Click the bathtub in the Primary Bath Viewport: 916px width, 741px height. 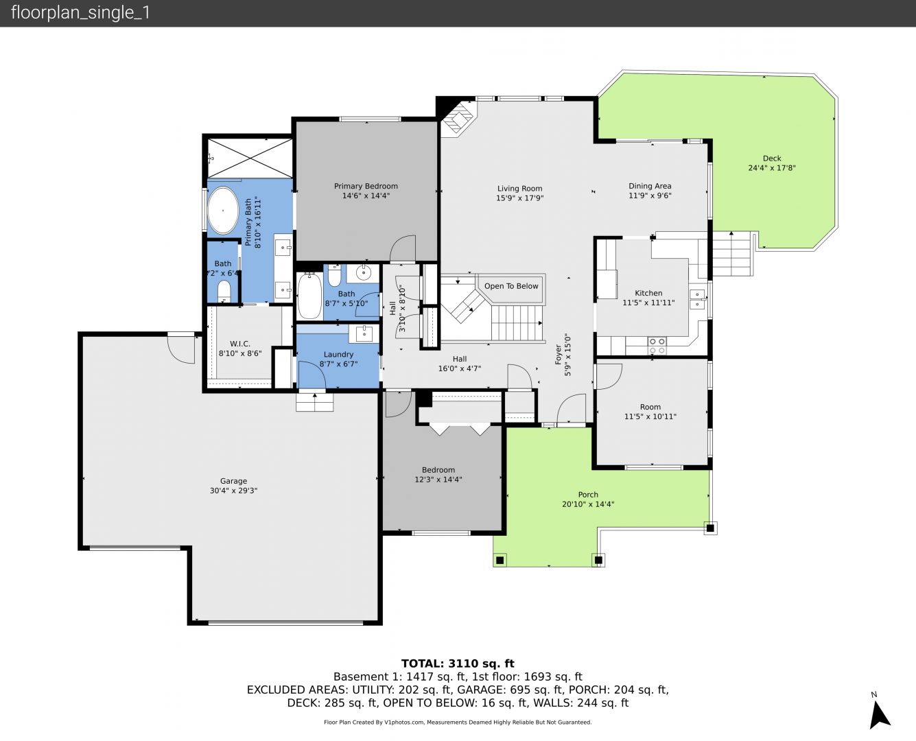(223, 211)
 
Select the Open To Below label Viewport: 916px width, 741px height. (511, 286)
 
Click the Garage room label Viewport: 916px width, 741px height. (233, 481)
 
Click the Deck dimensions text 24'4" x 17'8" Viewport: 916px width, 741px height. (771, 167)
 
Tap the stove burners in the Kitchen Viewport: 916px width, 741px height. (657, 346)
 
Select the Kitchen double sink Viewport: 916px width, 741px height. (697, 299)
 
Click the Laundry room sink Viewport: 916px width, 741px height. (364, 333)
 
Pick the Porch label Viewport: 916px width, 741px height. (588, 495)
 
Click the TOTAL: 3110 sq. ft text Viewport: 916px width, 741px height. (458, 663)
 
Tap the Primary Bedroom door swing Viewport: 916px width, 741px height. (403, 248)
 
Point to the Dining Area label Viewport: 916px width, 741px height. (650, 186)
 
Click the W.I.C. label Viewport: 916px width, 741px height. (239, 344)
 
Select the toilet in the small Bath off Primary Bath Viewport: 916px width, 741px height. (224, 291)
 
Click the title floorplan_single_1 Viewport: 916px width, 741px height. (80, 13)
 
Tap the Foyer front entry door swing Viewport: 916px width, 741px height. (571, 408)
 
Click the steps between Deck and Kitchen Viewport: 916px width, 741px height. (732, 254)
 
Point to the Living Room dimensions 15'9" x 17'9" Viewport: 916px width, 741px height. (519, 198)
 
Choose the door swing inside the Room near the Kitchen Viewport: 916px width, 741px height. (609, 377)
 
